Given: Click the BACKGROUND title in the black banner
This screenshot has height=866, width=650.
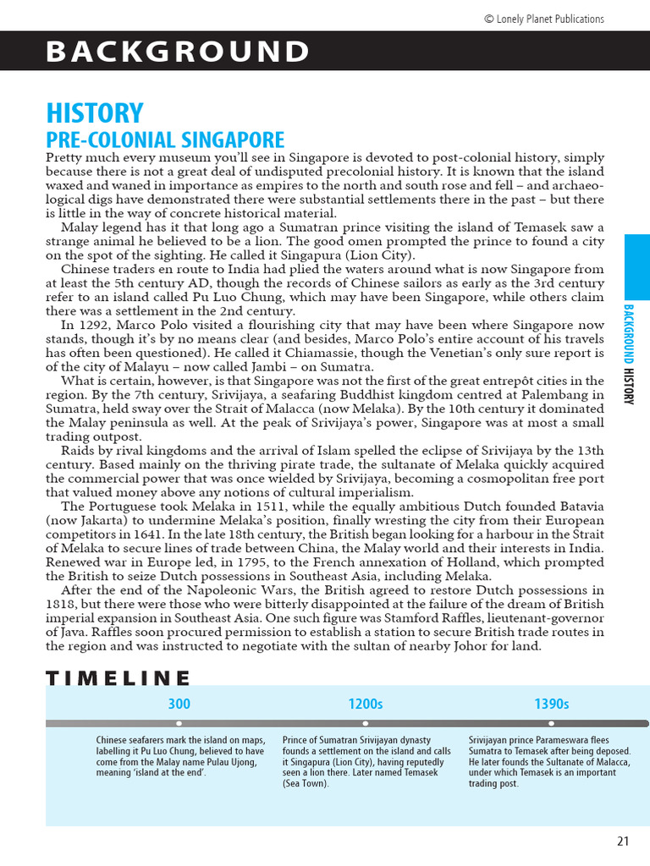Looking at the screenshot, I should click(178, 52).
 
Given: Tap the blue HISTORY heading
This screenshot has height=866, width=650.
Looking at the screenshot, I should click(94, 113).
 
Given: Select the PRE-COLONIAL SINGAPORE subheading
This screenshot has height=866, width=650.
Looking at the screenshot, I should click(165, 140).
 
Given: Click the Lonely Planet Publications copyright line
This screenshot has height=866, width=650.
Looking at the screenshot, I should click(543, 19).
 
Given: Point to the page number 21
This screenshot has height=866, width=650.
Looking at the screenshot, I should click(623, 841).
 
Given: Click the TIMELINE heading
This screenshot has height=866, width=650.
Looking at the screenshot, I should click(118, 677).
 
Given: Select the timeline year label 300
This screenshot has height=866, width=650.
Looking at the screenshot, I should click(179, 704).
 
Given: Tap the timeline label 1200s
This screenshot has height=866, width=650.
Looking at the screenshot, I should click(365, 704).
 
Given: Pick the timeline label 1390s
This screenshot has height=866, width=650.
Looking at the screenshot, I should click(551, 704).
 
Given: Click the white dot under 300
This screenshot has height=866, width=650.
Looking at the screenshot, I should click(179, 723).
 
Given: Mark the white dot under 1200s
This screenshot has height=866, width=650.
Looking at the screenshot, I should click(365, 723).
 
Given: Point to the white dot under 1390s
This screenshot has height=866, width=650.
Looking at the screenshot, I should click(551, 723).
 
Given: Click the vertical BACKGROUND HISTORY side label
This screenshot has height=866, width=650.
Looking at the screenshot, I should click(629, 354).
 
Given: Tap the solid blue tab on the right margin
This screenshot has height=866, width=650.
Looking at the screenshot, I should click(636, 266).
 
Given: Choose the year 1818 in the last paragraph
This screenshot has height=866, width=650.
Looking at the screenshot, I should click(62, 605).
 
